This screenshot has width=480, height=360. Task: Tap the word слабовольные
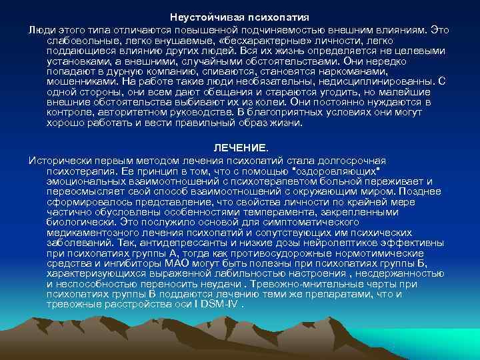[x=81, y=42]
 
